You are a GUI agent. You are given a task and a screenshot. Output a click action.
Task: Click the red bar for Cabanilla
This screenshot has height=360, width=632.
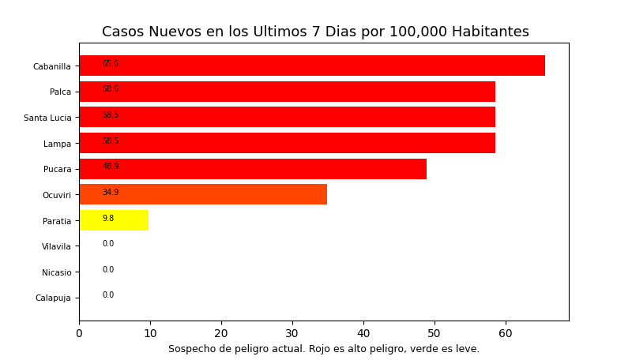point(312,66)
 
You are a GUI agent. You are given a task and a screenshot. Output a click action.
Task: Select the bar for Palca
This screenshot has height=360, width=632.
point(287,92)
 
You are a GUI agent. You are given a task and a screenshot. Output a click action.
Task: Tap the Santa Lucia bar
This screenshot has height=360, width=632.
point(287,117)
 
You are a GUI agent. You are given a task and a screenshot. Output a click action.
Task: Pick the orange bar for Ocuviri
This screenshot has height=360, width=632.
point(203,194)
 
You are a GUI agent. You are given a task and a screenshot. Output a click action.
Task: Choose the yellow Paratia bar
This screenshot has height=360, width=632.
point(114,220)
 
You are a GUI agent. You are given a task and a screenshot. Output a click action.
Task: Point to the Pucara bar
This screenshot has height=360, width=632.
point(253,169)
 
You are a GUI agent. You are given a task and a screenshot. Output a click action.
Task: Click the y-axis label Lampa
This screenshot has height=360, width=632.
point(57,144)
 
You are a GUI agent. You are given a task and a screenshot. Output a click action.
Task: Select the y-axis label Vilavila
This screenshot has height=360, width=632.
point(56,246)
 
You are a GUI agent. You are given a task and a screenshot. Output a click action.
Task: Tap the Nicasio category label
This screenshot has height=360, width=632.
point(56,272)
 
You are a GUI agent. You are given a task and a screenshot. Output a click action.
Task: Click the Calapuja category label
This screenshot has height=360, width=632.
point(53,298)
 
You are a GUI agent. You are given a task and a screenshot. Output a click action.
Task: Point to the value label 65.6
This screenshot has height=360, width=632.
point(111,63)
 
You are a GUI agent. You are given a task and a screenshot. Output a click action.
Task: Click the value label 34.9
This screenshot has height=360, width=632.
point(111,193)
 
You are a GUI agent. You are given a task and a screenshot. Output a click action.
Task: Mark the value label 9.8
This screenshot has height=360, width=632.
point(108,219)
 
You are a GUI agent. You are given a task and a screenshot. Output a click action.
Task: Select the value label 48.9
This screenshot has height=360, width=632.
point(111,167)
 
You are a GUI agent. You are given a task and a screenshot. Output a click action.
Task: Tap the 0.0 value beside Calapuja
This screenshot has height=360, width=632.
point(108,295)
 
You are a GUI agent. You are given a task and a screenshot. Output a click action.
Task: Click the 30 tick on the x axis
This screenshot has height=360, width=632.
point(292,334)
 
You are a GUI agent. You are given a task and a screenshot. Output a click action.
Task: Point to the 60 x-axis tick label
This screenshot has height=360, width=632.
point(506,334)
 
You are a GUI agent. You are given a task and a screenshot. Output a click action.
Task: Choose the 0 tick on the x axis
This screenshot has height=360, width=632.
point(79,334)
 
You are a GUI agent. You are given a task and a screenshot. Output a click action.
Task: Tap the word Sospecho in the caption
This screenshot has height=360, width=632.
point(190,349)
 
